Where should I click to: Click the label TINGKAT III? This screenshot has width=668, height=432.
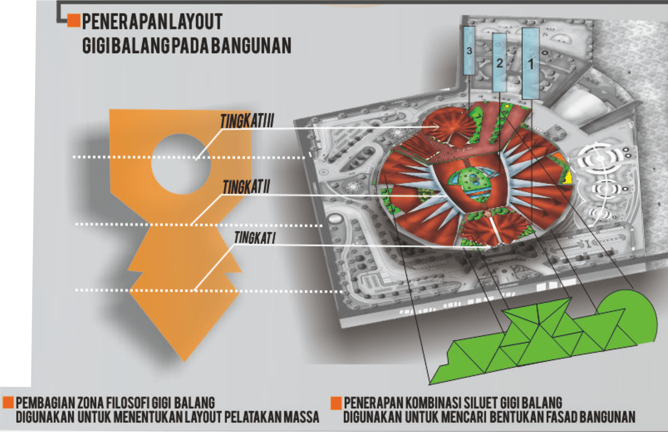point(247,121)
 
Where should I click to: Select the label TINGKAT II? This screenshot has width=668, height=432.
point(246,187)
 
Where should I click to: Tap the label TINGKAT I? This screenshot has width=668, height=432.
point(254,238)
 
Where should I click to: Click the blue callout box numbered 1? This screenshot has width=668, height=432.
point(531,63)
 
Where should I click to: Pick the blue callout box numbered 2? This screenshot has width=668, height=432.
point(499,63)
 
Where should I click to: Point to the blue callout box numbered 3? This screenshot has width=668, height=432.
point(469,51)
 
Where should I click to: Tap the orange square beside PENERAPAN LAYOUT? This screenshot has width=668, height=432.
point(74,21)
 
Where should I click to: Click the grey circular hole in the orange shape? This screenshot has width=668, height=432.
point(181,164)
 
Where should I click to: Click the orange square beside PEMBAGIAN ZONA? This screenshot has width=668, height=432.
point(8,402)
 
